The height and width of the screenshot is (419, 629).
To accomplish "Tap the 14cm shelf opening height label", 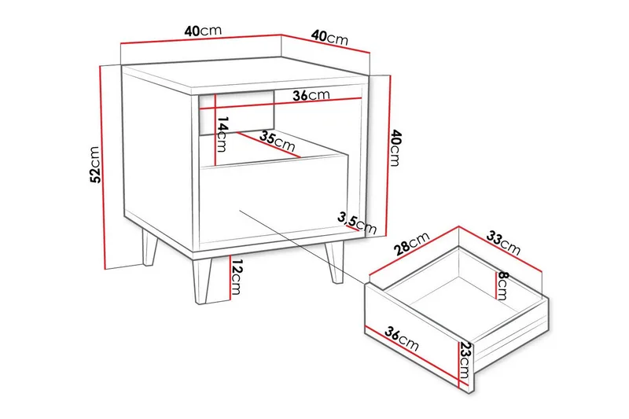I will (223, 135).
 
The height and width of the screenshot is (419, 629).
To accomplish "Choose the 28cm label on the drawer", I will (411, 244).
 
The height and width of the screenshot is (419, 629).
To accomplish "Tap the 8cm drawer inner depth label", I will (502, 286).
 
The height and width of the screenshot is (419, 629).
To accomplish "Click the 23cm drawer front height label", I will (465, 361).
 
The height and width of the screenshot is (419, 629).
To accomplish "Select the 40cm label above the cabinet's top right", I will (329, 37).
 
